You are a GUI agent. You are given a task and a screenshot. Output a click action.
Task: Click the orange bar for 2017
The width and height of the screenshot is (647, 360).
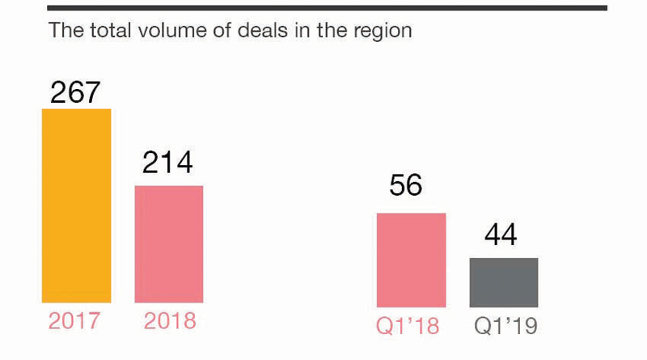[76, 205]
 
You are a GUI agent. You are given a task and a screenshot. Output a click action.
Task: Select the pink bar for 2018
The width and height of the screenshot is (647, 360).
[169, 244]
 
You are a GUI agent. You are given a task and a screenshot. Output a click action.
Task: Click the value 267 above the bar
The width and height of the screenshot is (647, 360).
[76, 91]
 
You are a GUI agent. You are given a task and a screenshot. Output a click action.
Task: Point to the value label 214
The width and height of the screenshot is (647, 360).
[168, 163]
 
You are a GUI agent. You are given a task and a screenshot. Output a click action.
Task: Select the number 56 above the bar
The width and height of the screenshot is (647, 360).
[406, 186]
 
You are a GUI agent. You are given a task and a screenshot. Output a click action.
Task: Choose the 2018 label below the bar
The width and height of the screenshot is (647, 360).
[170, 321]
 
